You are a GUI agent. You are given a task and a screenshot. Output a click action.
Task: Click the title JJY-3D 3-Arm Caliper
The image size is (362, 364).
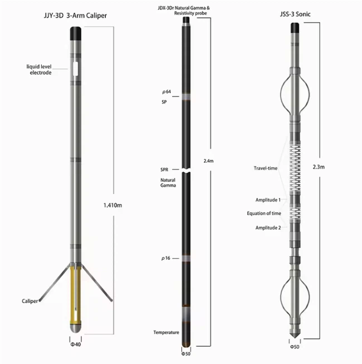71,16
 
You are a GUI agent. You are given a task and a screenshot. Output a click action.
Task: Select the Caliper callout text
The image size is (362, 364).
30,301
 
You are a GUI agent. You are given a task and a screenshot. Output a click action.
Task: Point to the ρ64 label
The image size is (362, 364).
165,90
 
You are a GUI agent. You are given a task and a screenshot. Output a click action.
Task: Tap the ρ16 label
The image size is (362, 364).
165,259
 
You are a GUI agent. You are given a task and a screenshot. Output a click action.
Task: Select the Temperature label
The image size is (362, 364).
166,333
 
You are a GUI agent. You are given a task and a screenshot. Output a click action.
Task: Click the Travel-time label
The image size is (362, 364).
265,167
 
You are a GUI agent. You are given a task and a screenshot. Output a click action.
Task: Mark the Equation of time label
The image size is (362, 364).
264,213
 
